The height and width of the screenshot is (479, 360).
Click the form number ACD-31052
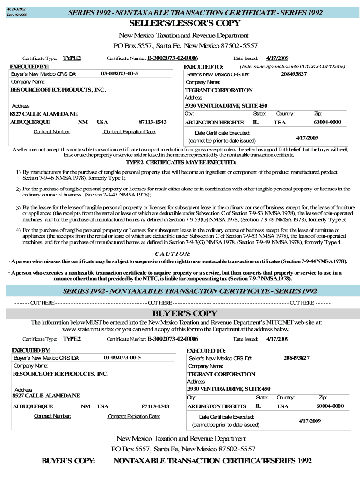[16, 9]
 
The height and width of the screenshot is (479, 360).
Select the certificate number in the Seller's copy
[173, 58]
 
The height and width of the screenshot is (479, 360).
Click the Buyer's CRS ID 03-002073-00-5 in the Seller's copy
[119, 73]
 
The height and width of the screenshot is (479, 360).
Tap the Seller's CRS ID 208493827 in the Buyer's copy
[296, 358]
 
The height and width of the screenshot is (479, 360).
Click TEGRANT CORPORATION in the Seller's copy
[218, 90]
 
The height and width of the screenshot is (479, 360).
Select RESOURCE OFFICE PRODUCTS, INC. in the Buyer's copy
[60, 374]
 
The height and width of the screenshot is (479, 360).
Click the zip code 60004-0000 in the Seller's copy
[327, 122]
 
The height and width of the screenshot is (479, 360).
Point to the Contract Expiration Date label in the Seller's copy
[130, 131]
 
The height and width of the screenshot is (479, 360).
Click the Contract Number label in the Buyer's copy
[52, 416]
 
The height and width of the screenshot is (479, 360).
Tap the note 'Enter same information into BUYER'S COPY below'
[293, 67]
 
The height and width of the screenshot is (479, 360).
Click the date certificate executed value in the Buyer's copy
[310, 421]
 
